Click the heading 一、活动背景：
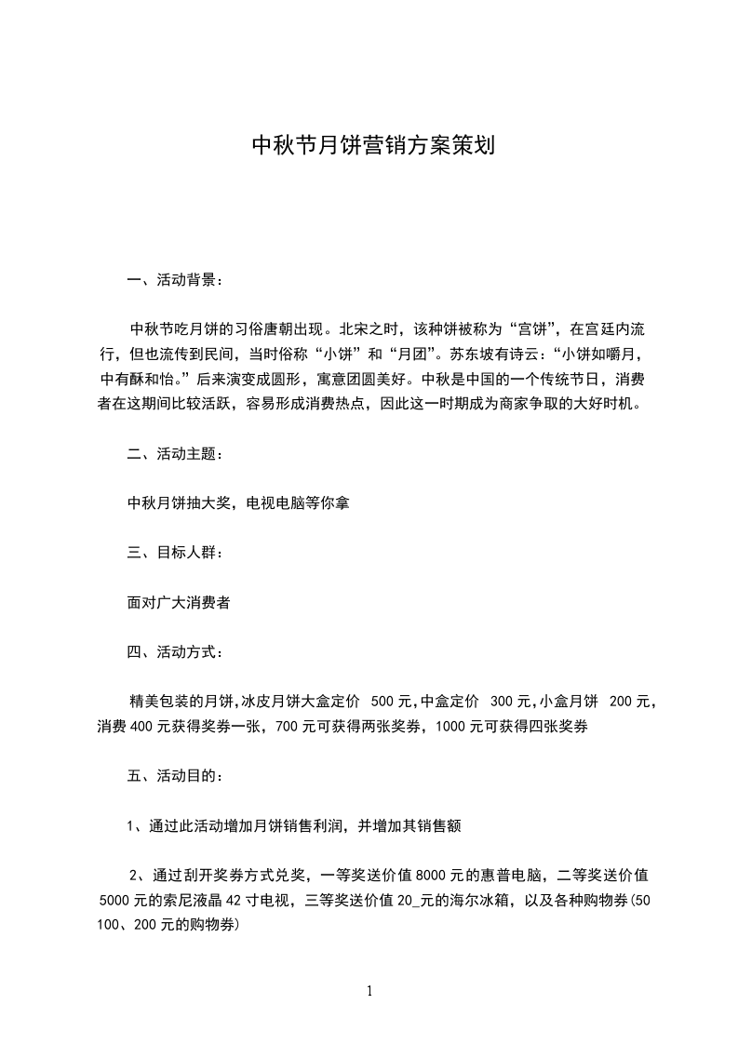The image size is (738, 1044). point(174,279)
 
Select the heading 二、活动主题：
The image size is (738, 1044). point(174,454)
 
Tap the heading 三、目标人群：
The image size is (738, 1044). point(174,553)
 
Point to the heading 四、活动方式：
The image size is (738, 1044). point(174,651)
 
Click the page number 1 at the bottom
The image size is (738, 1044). point(369,991)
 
